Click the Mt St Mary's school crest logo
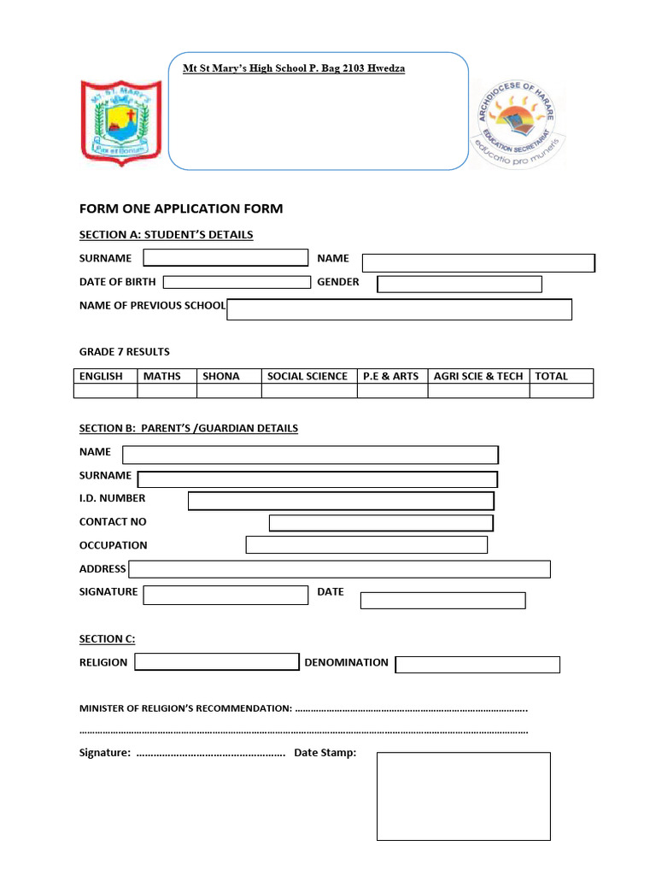(120, 120)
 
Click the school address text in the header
(294, 68)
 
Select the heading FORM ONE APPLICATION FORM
(181, 208)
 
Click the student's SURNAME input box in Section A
(225, 258)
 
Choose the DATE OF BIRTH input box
(237, 282)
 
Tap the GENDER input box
(460, 284)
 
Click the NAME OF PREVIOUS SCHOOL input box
(399, 309)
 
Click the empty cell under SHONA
(229, 391)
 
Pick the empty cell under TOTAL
(561, 391)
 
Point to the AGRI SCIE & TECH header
(478, 376)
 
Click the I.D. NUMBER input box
(341, 501)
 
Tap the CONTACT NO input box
(381, 523)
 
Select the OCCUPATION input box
(366, 545)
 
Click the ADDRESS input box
(339, 569)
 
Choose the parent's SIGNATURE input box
(225, 595)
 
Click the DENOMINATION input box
(477, 665)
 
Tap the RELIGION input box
(217, 662)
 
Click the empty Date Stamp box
(464, 796)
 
